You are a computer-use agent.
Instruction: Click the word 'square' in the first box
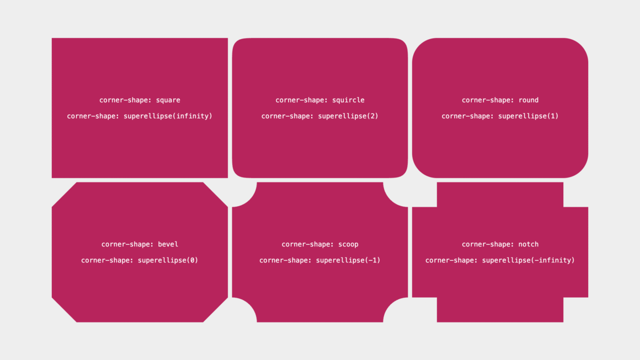point(168,100)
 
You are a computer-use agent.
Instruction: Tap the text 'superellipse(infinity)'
point(168,116)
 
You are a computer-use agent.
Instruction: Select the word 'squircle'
point(348,100)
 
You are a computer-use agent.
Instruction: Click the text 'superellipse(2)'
point(348,116)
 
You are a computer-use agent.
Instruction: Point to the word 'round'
point(529,100)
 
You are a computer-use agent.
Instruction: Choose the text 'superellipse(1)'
point(528,116)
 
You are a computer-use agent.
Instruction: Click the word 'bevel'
point(168,244)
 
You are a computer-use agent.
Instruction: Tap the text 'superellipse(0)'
point(168,260)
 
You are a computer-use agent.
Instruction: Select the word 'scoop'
point(348,245)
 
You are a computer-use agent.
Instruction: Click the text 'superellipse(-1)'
point(348,260)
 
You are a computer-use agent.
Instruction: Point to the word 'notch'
point(529,244)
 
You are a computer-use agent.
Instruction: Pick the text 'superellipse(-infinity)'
point(528,260)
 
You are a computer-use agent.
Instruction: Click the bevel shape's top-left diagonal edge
point(64,195)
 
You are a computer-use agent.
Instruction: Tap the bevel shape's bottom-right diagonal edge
point(216,310)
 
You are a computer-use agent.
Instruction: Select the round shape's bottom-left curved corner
point(420,170)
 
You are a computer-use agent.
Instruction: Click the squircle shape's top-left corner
point(236,41)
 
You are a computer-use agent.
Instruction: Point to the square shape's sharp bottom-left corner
point(52,178)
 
